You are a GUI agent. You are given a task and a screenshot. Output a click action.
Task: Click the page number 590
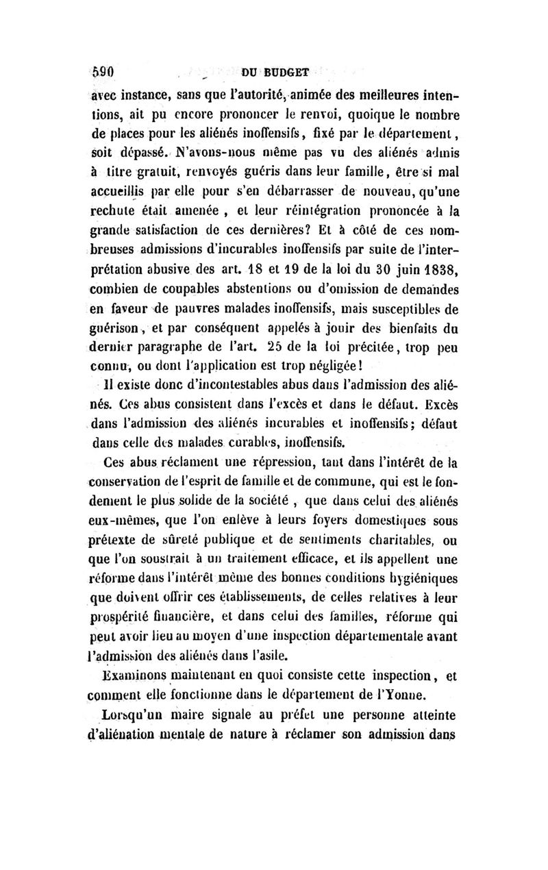point(108,70)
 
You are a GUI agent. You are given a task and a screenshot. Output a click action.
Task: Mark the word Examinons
point(132,679)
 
